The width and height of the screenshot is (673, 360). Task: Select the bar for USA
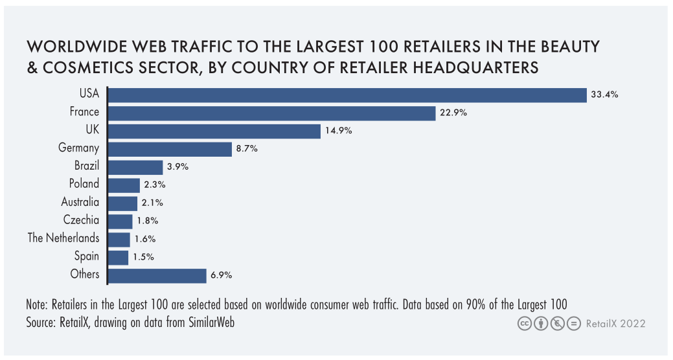[x=347, y=95]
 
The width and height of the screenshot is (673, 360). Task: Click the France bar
[x=271, y=113]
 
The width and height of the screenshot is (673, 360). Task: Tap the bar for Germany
[x=170, y=148]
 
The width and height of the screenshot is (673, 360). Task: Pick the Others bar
[x=157, y=275]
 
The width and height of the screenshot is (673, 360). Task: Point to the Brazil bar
[x=135, y=166]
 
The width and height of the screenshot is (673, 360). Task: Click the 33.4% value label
[x=604, y=95]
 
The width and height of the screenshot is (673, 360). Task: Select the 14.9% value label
[x=338, y=131]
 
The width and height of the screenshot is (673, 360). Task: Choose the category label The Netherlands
[x=63, y=238]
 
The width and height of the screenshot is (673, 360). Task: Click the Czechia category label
[x=82, y=219]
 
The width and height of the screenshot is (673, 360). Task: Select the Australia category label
[x=80, y=202]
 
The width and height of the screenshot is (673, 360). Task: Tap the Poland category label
[x=84, y=184]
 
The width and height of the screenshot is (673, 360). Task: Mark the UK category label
[x=92, y=130]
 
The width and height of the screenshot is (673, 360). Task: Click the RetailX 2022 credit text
[x=615, y=323]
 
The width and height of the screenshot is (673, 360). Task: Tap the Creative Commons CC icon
[x=523, y=323]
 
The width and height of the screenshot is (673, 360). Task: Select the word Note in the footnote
[x=37, y=304]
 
